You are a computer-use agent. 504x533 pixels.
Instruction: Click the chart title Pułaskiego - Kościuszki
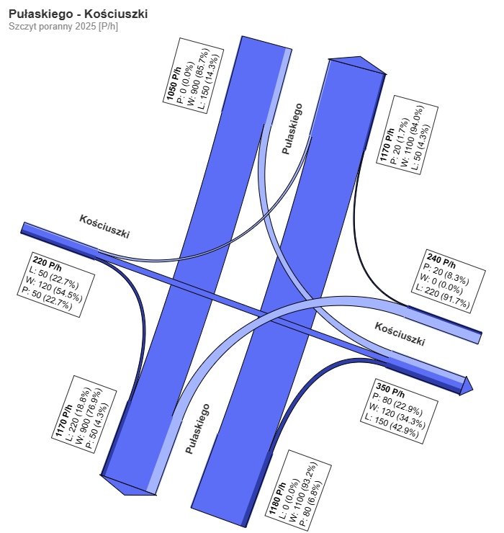click(78, 14)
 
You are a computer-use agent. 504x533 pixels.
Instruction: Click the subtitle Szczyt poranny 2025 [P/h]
click(63, 27)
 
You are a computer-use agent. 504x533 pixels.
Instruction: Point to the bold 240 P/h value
click(441, 261)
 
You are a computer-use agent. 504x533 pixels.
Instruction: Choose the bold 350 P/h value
click(390, 390)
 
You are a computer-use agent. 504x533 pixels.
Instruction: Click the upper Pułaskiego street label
click(292, 129)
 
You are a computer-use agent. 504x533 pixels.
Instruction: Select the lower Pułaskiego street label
click(197, 429)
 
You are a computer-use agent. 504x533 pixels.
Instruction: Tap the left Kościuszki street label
click(104, 226)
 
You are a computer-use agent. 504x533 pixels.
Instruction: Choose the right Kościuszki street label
click(400, 333)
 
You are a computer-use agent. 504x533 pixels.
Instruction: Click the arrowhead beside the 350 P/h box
click(467, 386)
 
